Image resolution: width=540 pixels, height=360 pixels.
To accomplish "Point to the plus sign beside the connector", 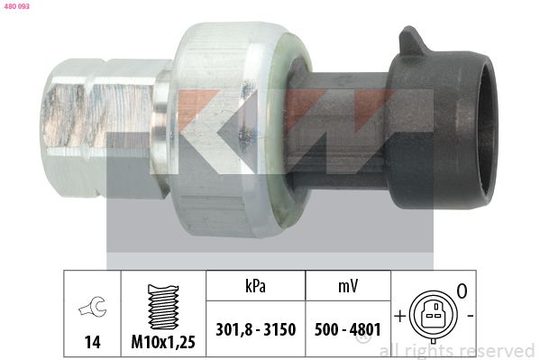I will [398, 317].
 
